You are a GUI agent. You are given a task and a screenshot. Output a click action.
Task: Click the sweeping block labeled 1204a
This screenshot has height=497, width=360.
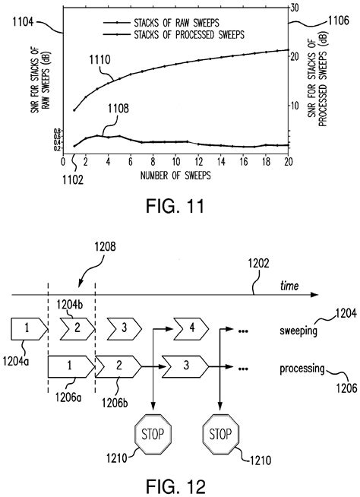pyautogui.click(x=27, y=329)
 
